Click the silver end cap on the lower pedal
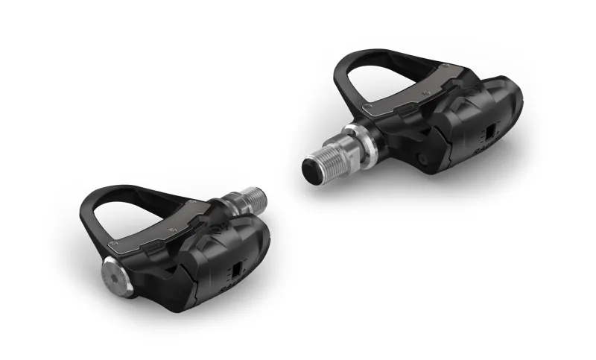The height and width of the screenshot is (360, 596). click(x=116, y=274)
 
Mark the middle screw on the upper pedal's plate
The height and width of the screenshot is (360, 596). click(x=423, y=95)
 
